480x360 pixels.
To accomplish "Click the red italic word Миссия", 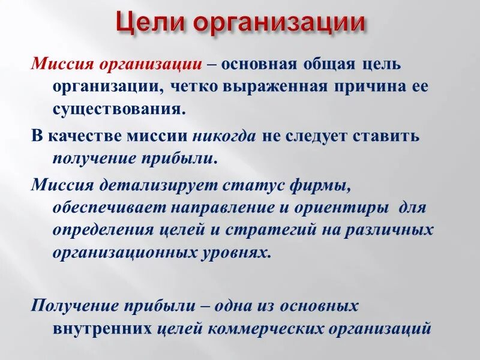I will click(63, 64).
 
